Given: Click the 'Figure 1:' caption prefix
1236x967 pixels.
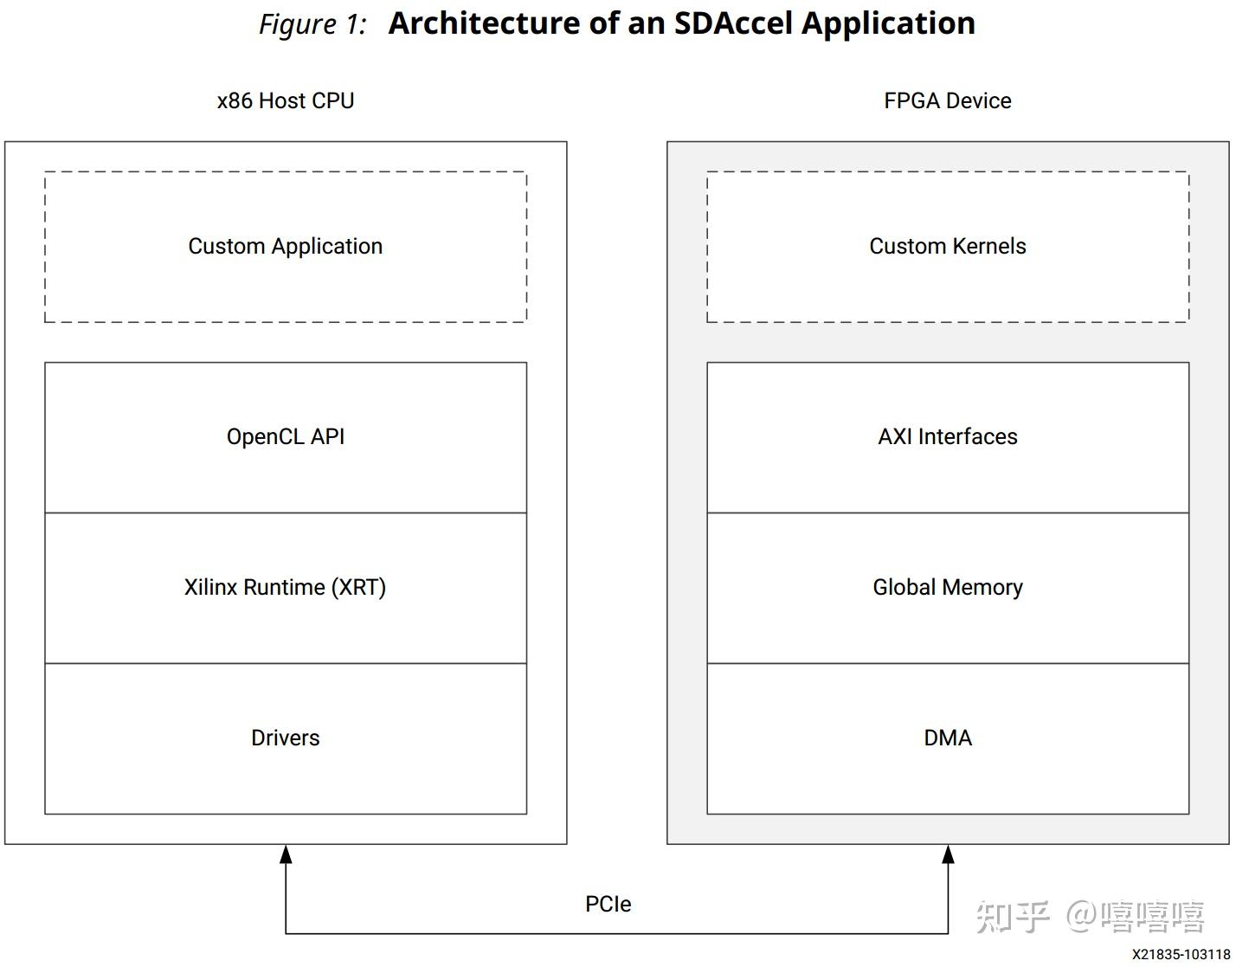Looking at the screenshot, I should tap(312, 24).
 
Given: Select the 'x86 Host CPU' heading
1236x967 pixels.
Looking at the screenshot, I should tap(286, 100).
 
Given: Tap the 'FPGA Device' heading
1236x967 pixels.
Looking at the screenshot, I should tap(948, 100).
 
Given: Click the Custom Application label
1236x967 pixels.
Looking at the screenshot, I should tap(286, 246).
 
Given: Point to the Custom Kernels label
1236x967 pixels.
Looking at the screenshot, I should tap(948, 246).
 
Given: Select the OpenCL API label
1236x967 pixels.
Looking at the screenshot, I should tap(286, 436).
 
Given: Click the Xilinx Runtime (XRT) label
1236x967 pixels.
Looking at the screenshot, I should tap(286, 587).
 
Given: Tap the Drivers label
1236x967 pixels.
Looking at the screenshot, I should tap(286, 738).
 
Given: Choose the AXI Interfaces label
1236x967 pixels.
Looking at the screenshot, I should tap(948, 436).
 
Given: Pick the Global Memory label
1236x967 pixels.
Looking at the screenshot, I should tap(948, 587).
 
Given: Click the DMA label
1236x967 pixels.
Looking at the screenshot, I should tap(948, 738).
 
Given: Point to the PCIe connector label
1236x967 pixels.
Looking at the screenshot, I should tap(608, 904).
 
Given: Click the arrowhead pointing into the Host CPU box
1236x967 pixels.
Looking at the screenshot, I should tap(286, 854).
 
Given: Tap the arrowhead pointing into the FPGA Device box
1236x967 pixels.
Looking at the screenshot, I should tap(948, 854).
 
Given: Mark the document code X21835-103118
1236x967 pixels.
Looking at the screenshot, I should tap(1181, 954).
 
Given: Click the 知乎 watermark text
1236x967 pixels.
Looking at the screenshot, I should tap(1013, 917).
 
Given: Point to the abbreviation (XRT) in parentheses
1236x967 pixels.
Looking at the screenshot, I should tap(358, 587).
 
